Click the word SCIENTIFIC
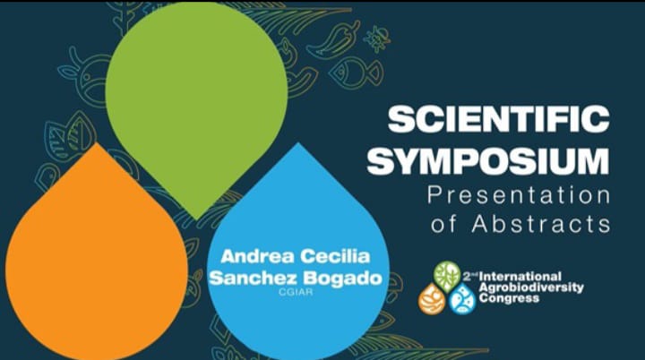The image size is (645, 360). [x=499, y=119]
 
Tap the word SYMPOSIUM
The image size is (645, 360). [x=488, y=161]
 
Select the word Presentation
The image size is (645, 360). [x=519, y=195]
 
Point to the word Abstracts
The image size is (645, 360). [x=541, y=224]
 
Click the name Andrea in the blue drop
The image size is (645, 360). [x=257, y=256]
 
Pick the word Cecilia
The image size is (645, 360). [x=334, y=256]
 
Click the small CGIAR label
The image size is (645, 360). [x=296, y=292]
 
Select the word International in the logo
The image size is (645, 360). [x=520, y=276]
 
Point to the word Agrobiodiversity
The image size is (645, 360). [x=531, y=287]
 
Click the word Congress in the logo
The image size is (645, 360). [x=509, y=298]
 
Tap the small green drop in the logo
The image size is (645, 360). [x=447, y=277]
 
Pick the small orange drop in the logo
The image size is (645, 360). [x=432, y=299]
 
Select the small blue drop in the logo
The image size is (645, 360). [x=462, y=299]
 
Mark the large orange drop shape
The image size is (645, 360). [x=97, y=259]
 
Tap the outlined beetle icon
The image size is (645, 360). [x=377, y=39]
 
